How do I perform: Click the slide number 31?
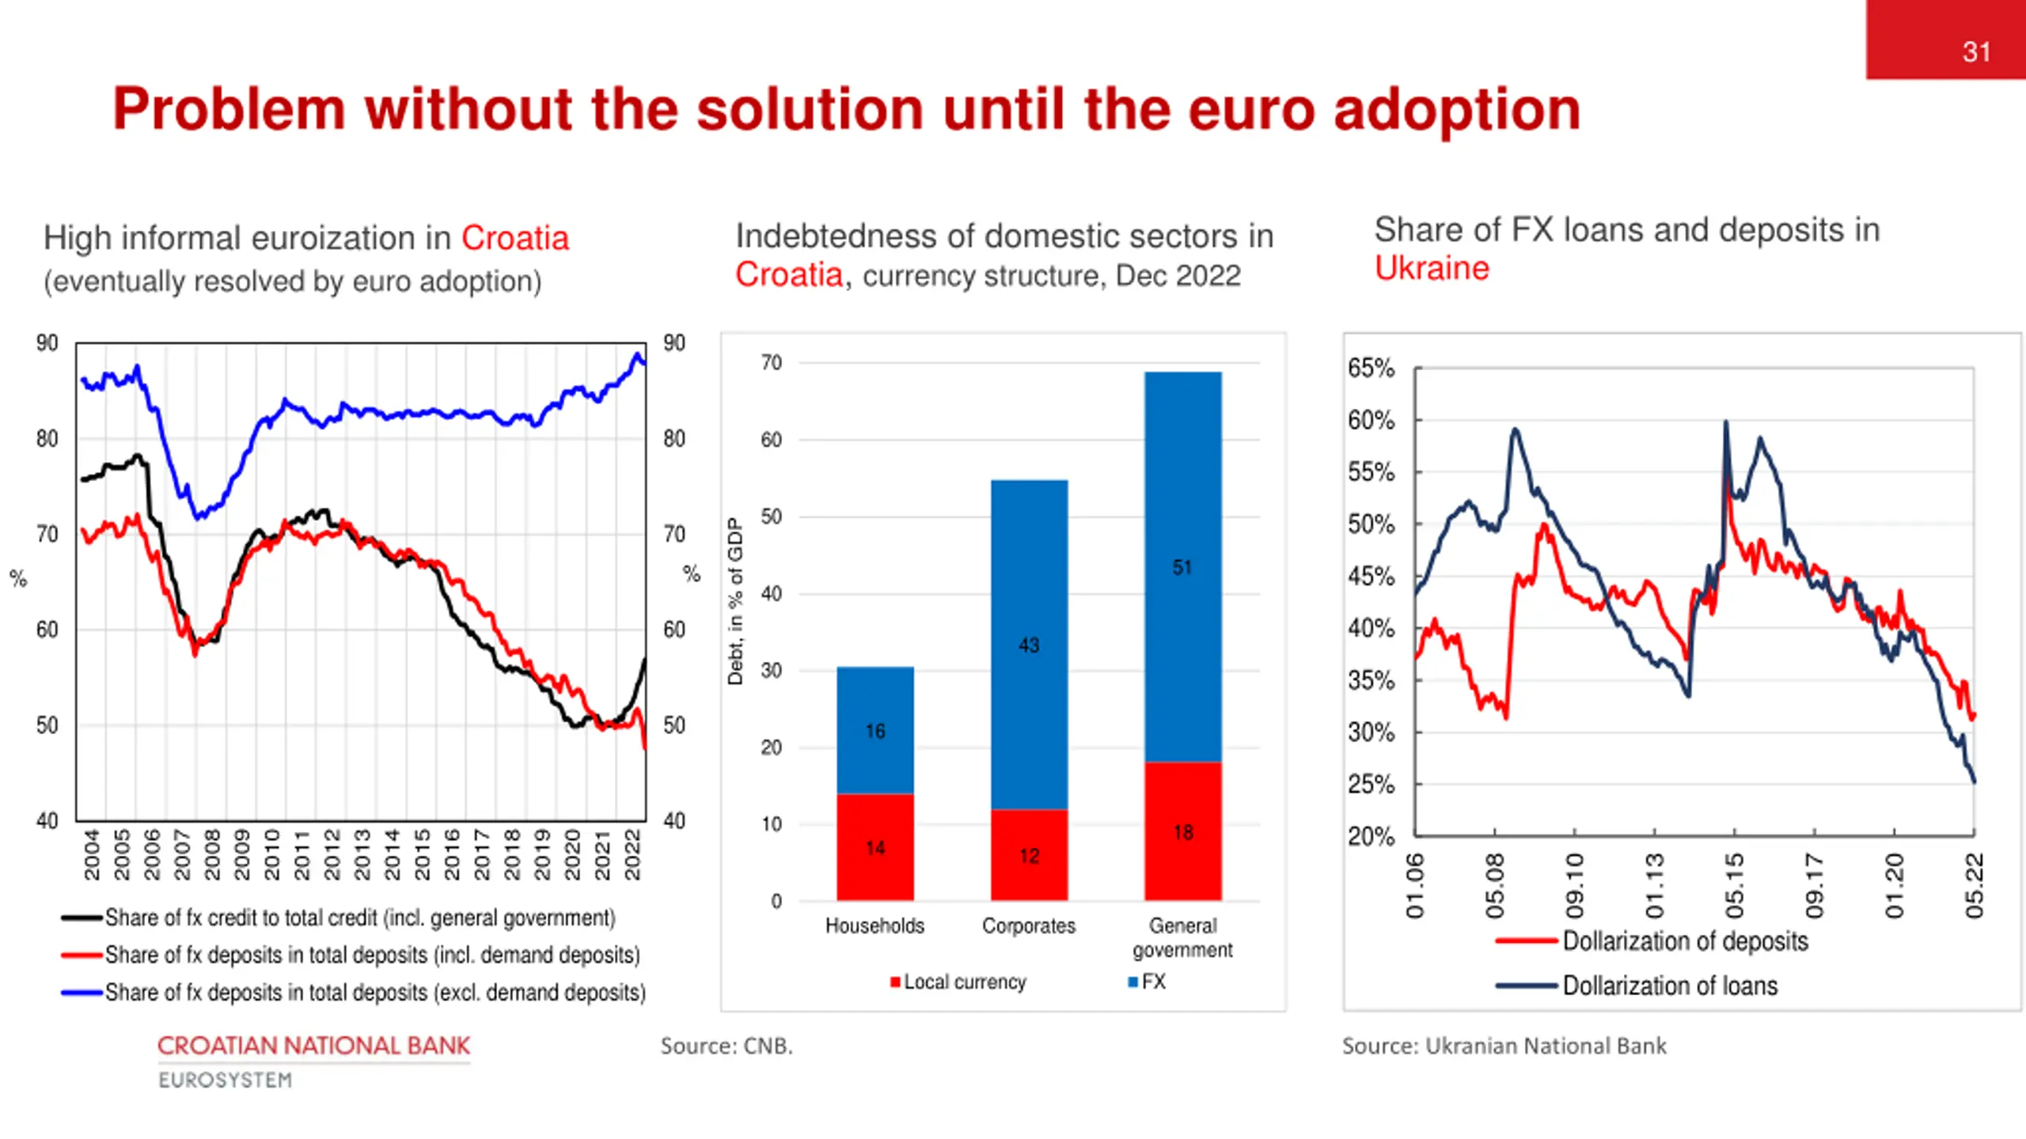(x=1976, y=52)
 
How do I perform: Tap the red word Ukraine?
(x=1432, y=268)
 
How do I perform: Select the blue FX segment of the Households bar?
(x=875, y=729)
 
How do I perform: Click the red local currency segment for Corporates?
(x=1029, y=855)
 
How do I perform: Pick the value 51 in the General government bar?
(x=1182, y=567)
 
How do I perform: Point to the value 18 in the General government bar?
(x=1183, y=832)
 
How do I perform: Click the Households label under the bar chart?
(x=875, y=925)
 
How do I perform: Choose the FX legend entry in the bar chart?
(x=1147, y=982)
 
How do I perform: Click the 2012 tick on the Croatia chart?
(x=332, y=854)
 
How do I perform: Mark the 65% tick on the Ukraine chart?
(x=1371, y=368)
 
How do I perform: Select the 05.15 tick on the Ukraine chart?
(x=1734, y=885)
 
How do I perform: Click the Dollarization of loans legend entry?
(x=1670, y=986)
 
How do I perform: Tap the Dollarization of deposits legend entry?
(x=1685, y=941)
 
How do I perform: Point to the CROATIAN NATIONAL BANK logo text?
(x=313, y=1046)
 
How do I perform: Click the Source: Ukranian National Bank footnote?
(x=1504, y=1046)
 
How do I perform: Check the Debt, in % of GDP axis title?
(x=735, y=601)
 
